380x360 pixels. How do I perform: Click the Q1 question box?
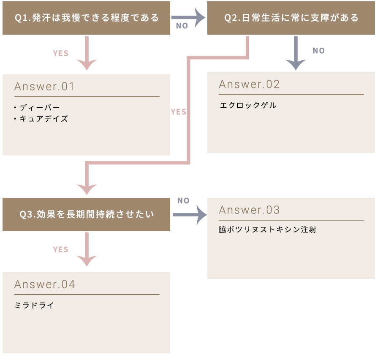coord(87,18)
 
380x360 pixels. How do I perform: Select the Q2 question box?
coord(291,18)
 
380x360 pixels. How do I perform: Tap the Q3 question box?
coord(87,214)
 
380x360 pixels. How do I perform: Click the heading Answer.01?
coord(44,87)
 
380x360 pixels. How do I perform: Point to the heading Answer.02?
coord(249,84)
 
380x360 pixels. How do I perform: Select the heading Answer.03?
coord(249,210)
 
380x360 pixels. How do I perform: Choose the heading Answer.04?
coord(45,284)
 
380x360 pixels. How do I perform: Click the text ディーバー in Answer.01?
coord(40,108)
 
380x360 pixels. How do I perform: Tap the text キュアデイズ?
coord(43,119)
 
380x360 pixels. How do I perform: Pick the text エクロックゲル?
coord(248,105)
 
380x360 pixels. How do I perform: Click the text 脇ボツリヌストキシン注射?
coord(267,230)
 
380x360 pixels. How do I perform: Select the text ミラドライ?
coord(34,305)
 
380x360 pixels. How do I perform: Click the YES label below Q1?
coord(60,53)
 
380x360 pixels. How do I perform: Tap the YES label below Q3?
coord(60,249)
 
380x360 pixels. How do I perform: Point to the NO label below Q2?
coord(318,51)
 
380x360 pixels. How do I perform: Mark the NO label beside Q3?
coord(183,201)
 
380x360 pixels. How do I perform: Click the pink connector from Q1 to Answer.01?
coord(87,53)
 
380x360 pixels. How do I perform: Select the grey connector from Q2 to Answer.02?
coord(295,53)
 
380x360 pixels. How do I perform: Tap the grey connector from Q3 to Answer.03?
coord(189,214)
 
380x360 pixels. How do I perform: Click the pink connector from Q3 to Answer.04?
coord(87,249)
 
